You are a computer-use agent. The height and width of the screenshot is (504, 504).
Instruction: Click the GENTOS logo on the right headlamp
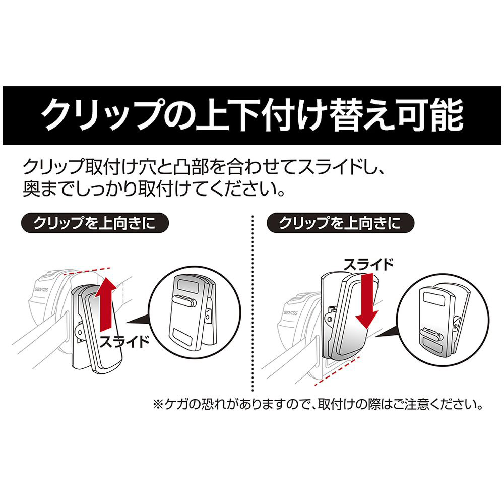291,313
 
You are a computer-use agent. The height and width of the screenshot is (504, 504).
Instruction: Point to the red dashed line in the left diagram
87,271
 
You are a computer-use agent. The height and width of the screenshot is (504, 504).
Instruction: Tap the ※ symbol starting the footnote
158,404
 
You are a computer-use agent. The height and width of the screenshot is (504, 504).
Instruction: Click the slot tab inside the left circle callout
184,301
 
